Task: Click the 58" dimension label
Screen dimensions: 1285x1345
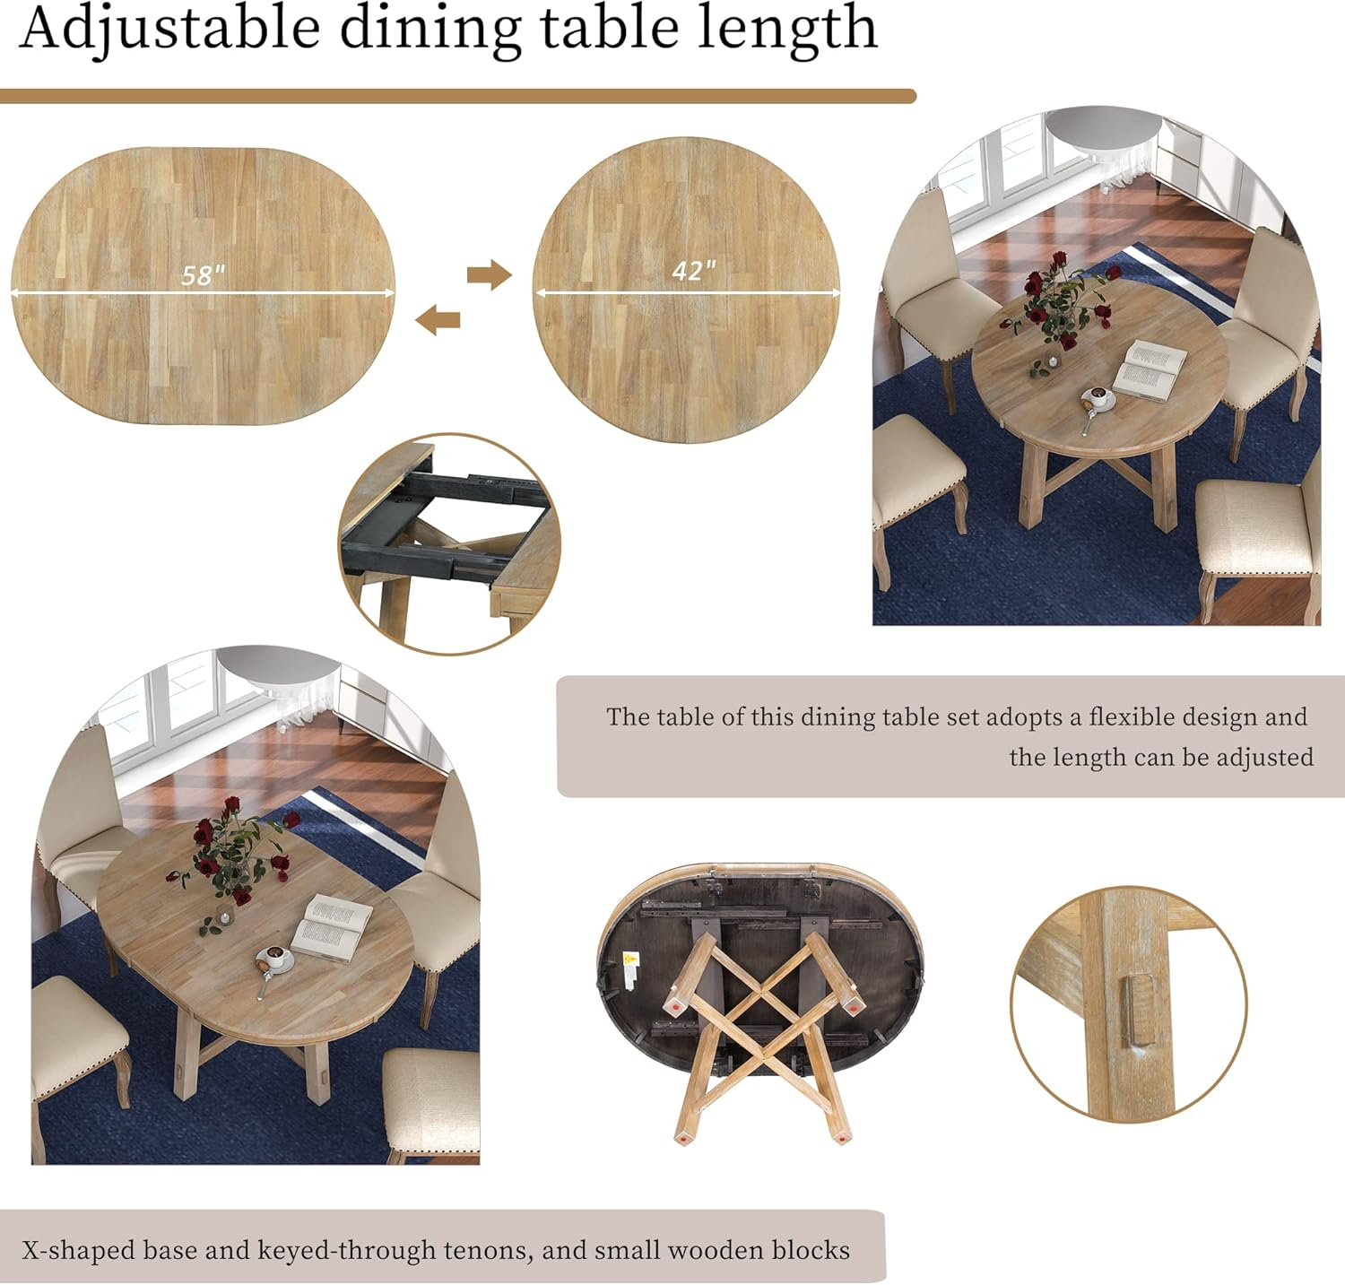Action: tap(203, 275)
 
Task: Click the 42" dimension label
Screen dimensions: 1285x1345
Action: tap(694, 270)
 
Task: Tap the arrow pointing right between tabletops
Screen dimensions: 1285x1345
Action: tap(489, 274)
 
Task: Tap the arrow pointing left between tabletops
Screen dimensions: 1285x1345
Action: tap(438, 318)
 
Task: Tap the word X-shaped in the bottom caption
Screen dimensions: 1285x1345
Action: tap(77, 1249)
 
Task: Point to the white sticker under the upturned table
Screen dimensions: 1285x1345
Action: tap(629, 966)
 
